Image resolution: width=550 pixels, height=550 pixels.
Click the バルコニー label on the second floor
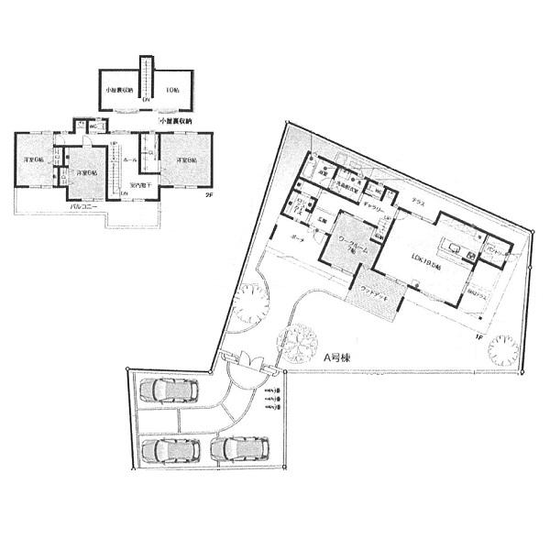(84, 208)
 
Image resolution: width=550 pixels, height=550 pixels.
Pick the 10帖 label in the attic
(171, 91)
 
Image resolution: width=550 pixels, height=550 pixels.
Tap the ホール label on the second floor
(130, 159)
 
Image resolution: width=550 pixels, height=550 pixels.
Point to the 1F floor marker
(478, 336)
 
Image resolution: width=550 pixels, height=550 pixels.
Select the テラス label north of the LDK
(417, 202)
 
